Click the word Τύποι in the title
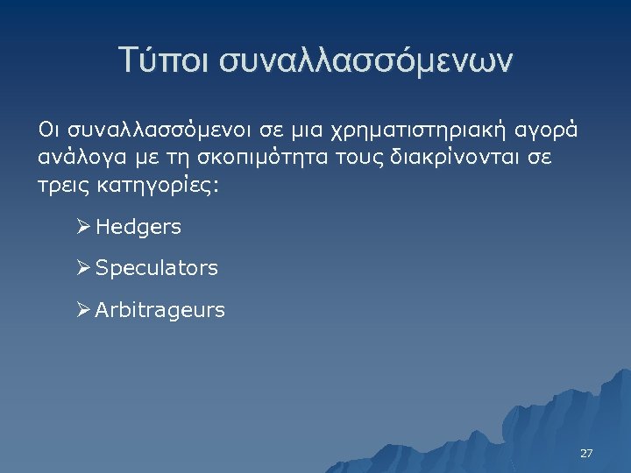165,60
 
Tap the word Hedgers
138,227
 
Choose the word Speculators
157,268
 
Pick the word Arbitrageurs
160,310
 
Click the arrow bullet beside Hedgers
83,227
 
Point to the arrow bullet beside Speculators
83,268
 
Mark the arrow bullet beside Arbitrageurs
83,309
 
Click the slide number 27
586,454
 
